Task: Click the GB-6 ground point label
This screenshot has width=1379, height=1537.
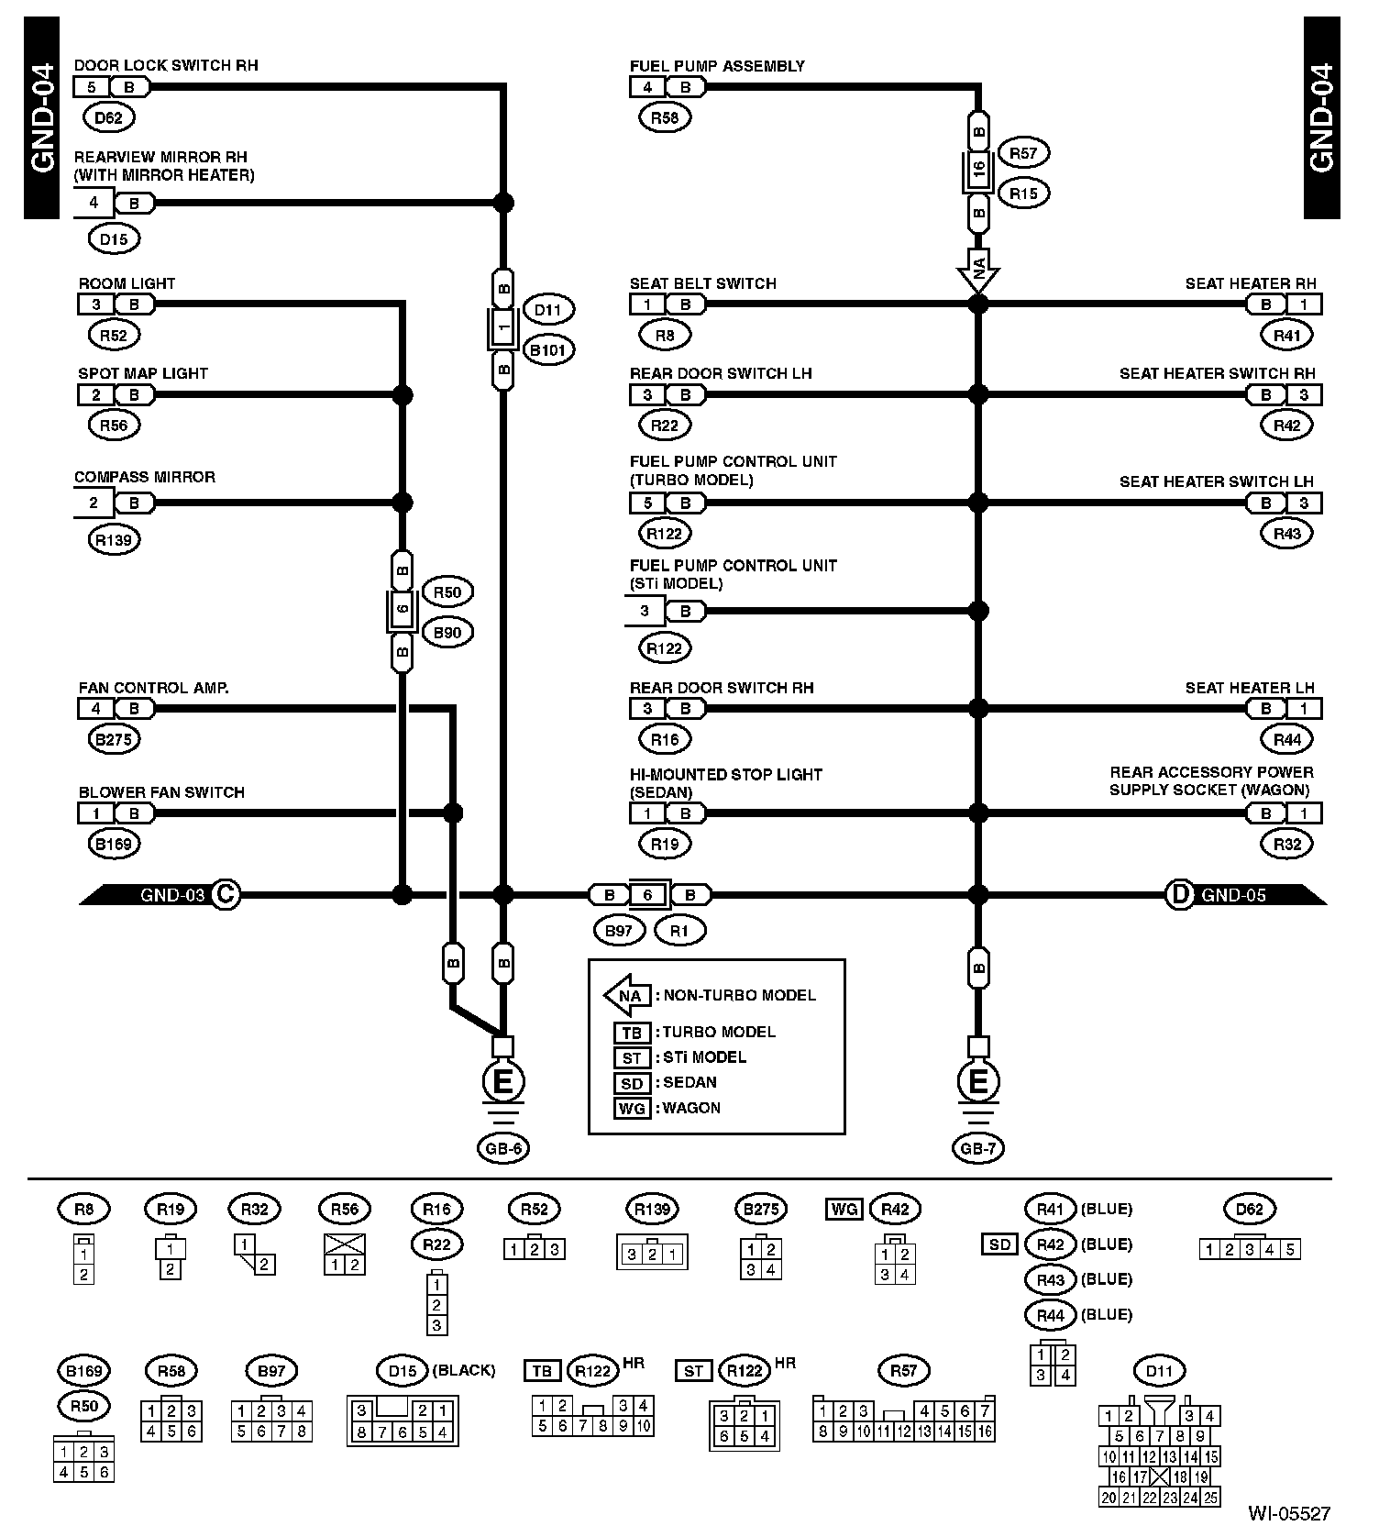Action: (x=502, y=1147)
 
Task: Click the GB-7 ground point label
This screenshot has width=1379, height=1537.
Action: (x=978, y=1147)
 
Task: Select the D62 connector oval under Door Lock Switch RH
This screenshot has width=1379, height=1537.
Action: (x=108, y=117)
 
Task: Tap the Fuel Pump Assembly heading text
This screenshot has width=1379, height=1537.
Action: (x=717, y=66)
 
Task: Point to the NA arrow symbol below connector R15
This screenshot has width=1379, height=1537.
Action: (x=978, y=270)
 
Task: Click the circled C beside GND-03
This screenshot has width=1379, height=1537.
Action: (x=225, y=894)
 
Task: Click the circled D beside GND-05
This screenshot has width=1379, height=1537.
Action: (x=1179, y=894)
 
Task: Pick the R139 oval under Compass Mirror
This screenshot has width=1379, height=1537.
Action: (x=114, y=540)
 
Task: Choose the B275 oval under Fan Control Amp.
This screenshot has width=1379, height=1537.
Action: (x=114, y=739)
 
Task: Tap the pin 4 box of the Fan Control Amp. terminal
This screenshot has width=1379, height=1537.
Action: (x=95, y=708)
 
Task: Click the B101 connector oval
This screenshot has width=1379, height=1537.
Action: (x=547, y=349)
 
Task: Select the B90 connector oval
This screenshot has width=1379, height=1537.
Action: (x=447, y=633)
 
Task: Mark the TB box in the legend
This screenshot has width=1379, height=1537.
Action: (x=632, y=1033)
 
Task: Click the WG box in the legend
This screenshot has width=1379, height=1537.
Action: (x=632, y=1108)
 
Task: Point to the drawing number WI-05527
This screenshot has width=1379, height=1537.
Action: (x=1288, y=1514)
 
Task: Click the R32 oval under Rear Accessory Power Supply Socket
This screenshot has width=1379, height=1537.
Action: (x=1287, y=844)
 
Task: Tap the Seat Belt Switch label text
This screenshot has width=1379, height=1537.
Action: (x=702, y=283)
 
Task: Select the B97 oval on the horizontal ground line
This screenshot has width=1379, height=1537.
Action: (x=619, y=931)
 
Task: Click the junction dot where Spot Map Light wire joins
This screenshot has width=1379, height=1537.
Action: (x=402, y=395)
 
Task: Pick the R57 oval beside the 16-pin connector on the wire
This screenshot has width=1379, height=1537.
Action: (x=1023, y=153)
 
